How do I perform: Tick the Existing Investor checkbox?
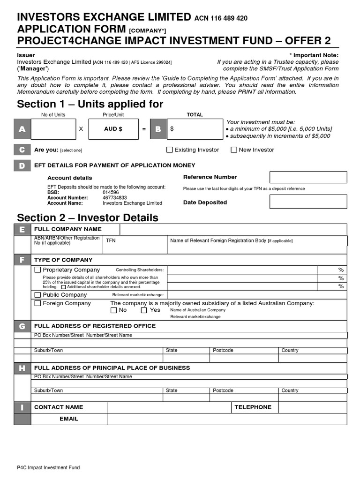(170, 150)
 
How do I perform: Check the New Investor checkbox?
(234, 150)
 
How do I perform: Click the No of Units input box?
(53, 129)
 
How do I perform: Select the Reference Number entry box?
(308, 177)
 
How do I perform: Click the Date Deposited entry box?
(308, 202)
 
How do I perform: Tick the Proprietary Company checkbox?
(38, 270)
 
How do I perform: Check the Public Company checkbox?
(38, 295)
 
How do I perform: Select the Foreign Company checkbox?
(38, 303)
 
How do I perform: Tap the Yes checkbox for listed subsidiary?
(144, 310)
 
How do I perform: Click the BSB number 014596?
(111, 192)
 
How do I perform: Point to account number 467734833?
(115, 198)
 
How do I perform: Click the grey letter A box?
(22, 129)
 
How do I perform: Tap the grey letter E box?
(22, 229)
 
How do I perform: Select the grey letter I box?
(22, 407)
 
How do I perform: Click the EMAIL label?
(69, 419)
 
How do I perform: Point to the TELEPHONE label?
(253, 407)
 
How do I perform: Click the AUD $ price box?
(113, 129)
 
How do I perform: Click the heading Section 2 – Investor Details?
(88, 217)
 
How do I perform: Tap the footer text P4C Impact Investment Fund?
(48, 467)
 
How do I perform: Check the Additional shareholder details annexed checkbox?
(64, 287)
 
